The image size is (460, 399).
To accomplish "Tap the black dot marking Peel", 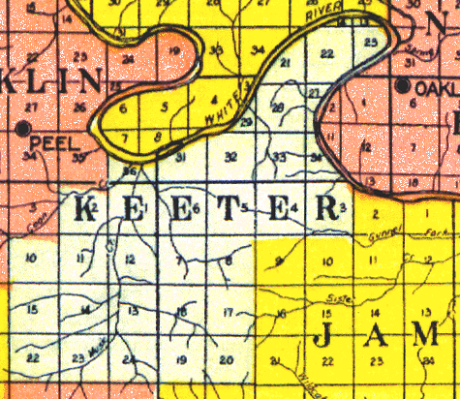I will click(x=22, y=127).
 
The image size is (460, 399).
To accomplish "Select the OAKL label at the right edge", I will click(x=435, y=87).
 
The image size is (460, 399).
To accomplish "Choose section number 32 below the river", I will click(x=230, y=156).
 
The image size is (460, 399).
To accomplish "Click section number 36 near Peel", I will click(x=131, y=171).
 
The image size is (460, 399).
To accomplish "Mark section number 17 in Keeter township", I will click(x=229, y=312).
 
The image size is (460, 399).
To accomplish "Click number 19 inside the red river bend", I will click(x=175, y=50).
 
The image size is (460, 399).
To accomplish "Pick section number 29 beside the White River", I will click(x=248, y=122).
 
